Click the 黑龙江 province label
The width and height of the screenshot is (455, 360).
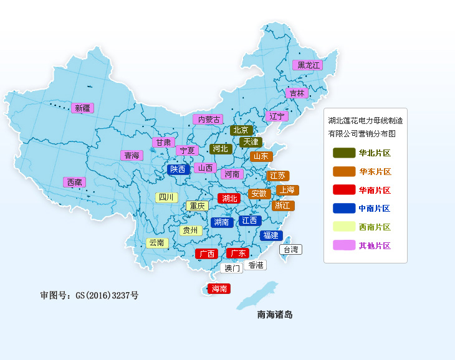click(x=308, y=65)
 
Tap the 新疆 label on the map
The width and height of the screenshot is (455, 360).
click(x=82, y=108)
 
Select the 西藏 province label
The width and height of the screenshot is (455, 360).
click(x=74, y=182)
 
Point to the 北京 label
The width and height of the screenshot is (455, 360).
click(x=241, y=130)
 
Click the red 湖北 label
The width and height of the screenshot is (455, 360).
click(x=229, y=199)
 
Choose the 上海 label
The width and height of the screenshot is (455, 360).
click(x=287, y=190)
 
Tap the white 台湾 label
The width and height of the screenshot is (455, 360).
click(x=290, y=250)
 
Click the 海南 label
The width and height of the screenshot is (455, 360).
click(x=219, y=289)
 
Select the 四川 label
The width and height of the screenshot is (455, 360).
click(x=166, y=197)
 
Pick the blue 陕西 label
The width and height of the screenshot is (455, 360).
click(x=178, y=169)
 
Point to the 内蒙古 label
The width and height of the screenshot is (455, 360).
click(x=207, y=119)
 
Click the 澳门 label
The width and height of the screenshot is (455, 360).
click(x=231, y=268)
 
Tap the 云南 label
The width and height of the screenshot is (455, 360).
click(x=157, y=243)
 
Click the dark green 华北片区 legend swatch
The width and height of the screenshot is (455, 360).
click(x=343, y=153)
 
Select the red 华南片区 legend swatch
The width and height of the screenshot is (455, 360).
click(x=343, y=190)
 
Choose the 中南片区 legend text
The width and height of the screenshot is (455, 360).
click(x=375, y=209)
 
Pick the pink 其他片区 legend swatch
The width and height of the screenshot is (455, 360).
click(x=343, y=245)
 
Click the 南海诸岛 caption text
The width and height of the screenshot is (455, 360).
click(x=275, y=315)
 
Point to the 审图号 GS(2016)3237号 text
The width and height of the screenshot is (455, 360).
click(x=89, y=295)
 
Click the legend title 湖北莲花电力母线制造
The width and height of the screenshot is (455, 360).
click(x=365, y=120)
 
